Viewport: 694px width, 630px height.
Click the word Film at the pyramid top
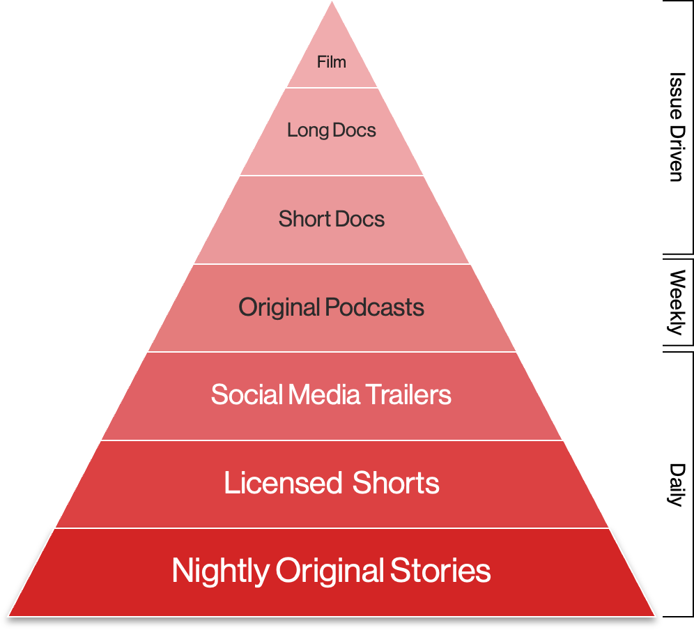(332, 62)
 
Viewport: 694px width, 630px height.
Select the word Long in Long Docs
(303, 130)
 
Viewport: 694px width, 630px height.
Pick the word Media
(317, 395)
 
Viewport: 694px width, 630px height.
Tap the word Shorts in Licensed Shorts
(396, 483)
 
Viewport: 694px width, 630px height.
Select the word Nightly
(220, 571)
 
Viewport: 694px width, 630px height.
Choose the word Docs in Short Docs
(360, 219)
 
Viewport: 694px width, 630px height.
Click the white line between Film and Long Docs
(332, 88)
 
